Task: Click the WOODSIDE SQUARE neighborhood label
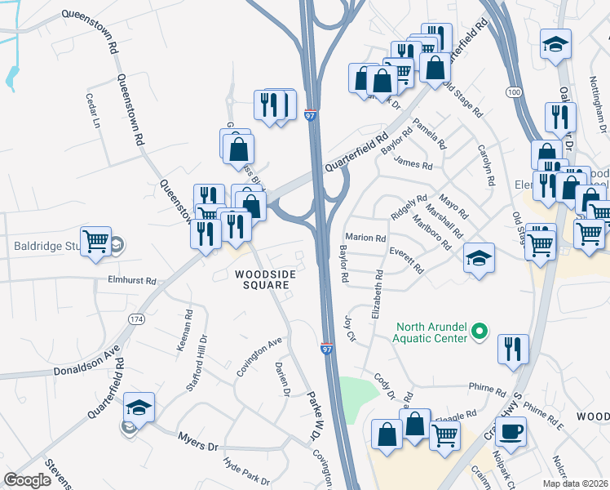click(263, 279)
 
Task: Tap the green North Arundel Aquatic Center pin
click(480, 332)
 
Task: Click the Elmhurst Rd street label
click(132, 280)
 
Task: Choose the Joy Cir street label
click(351, 329)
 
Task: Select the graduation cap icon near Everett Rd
click(479, 258)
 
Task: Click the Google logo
click(28, 480)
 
